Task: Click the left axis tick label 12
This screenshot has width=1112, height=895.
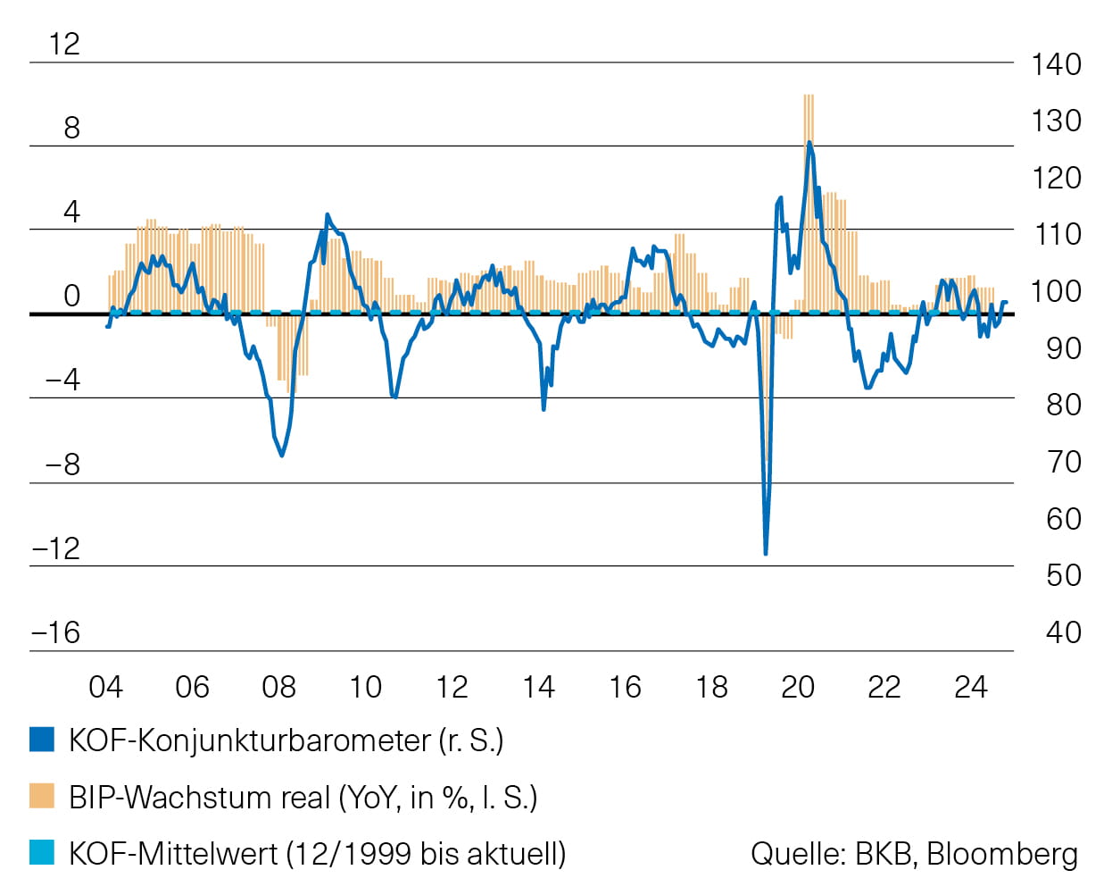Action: [64, 44]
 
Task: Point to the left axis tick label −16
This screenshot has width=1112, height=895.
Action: [56, 632]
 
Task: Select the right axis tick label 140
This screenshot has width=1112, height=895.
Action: [1056, 64]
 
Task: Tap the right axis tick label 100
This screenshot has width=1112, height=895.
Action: [1056, 291]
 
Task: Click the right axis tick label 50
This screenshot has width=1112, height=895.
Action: [1063, 575]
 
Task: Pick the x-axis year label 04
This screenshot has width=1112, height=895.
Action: [105, 687]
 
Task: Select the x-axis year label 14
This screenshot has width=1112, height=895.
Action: [538, 687]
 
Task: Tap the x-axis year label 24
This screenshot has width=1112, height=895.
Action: [970, 687]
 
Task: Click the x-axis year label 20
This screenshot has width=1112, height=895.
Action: [797, 687]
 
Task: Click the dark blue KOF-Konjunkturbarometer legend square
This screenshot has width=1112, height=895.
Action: [42, 740]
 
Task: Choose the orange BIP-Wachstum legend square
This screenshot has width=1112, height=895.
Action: [42, 796]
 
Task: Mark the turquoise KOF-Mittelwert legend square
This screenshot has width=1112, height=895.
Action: [42, 852]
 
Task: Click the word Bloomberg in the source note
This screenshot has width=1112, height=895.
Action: [1002, 854]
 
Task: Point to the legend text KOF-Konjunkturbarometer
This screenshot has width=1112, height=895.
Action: [250, 740]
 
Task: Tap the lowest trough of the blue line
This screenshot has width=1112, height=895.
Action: [766, 554]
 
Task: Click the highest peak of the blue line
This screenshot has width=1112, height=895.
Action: [809, 143]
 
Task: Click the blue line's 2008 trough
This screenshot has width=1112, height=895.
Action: [282, 456]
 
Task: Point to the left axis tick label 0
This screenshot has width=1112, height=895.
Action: [72, 296]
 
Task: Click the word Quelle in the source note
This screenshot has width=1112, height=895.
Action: [798, 854]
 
